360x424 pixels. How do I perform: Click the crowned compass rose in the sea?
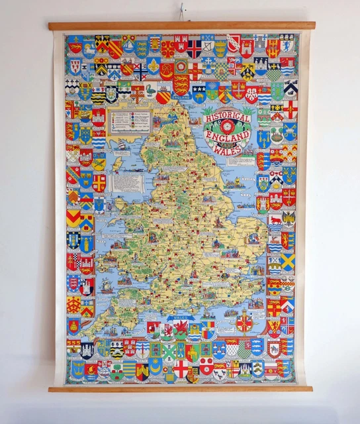(x=244, y=323)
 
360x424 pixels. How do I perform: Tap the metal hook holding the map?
(x=179, y=13)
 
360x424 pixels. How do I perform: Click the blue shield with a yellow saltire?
(x=288, y=262)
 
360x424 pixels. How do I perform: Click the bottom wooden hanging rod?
(x=180, y=389)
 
